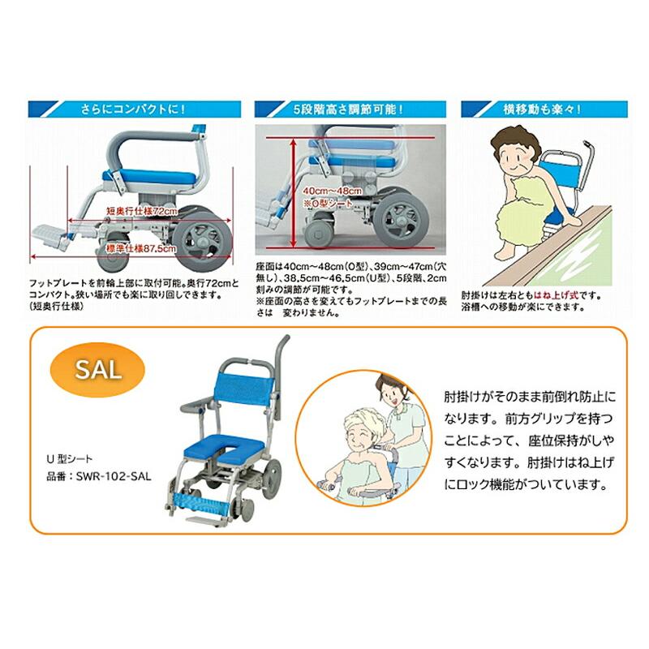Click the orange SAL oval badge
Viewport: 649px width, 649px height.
point(99,370)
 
